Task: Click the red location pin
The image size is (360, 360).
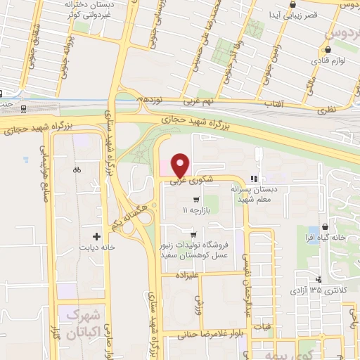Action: tap(181, 165)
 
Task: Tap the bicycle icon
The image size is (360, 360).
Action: tap(77, 169)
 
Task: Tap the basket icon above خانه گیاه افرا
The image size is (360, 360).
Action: tap(324, 226)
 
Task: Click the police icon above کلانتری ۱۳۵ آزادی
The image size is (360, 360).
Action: tap(319, 280)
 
